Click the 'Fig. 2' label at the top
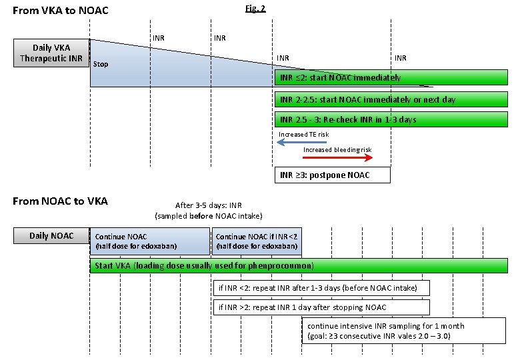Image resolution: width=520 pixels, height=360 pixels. [x=256, y=8]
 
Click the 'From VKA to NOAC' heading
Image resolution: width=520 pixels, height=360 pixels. [x=61, y=10]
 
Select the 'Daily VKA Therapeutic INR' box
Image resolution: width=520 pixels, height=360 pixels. [x=51, y=53]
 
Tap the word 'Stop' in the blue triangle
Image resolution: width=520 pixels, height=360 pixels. [x=101, y=64]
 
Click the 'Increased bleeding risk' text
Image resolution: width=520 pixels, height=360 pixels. [x=337, y=150]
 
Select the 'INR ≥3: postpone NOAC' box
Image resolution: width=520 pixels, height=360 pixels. [x=332, y=175]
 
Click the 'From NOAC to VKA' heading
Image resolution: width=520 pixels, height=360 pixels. [x=61, y=201]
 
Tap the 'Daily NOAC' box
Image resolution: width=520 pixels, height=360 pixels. [x=51, y=235]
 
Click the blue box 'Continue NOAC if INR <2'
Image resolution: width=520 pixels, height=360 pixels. [x=257, y=241]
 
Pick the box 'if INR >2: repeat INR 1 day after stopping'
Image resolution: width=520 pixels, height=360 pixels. [x=321, y=307]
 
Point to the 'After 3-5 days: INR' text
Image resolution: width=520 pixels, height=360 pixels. [x=208, y=206]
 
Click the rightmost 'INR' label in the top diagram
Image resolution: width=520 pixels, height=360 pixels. [x=400, y=59]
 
